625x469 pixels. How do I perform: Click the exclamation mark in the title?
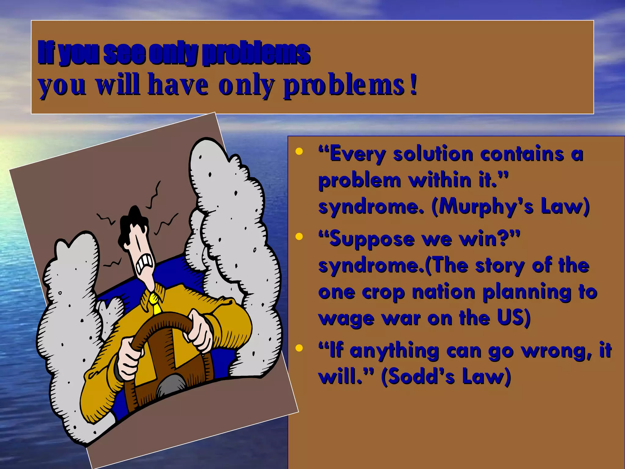click(414, 86)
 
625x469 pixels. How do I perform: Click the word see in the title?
click(124, 53)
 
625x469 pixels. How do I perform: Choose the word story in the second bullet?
click(500, 266)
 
